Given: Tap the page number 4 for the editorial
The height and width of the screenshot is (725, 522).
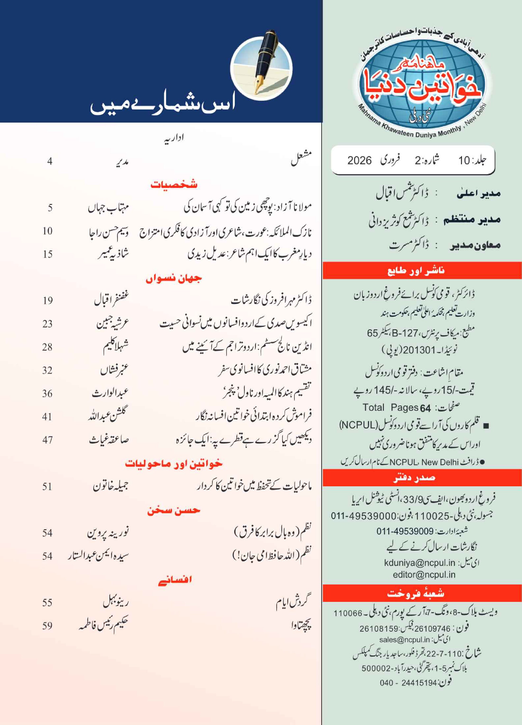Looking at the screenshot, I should pyautogui.click(x=50, y=161).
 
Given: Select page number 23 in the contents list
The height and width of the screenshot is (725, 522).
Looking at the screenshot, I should pyautogui.click(x=47, y=324).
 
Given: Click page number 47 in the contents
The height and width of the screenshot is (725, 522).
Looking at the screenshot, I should pyautogui.click(x=47, y=440).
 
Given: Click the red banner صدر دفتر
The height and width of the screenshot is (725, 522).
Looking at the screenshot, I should pyautogui.click(x=414, y=478).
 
